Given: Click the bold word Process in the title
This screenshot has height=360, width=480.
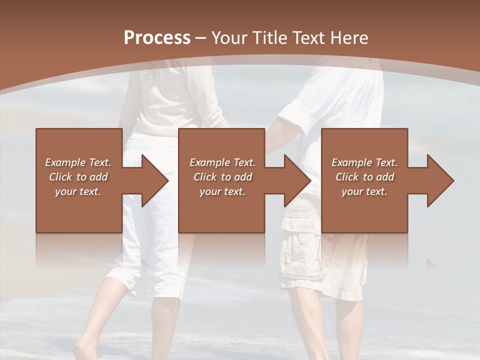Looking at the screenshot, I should [157, 37].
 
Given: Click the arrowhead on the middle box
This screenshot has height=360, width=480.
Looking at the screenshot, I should [296, 180].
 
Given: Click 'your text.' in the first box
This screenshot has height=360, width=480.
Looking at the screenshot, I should [78, 191].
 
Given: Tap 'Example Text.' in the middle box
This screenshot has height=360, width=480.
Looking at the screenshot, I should [222, 162].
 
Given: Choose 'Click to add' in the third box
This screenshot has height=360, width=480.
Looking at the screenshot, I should [364, 177].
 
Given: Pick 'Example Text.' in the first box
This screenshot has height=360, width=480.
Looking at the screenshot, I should [78, 162].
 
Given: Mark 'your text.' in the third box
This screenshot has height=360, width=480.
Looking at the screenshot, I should [364, 191].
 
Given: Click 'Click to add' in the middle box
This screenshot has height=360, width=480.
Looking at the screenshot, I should [222, 177].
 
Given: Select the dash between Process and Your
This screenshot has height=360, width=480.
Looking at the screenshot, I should [201, 38].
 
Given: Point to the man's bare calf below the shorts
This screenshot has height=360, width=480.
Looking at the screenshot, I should [350, 325].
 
